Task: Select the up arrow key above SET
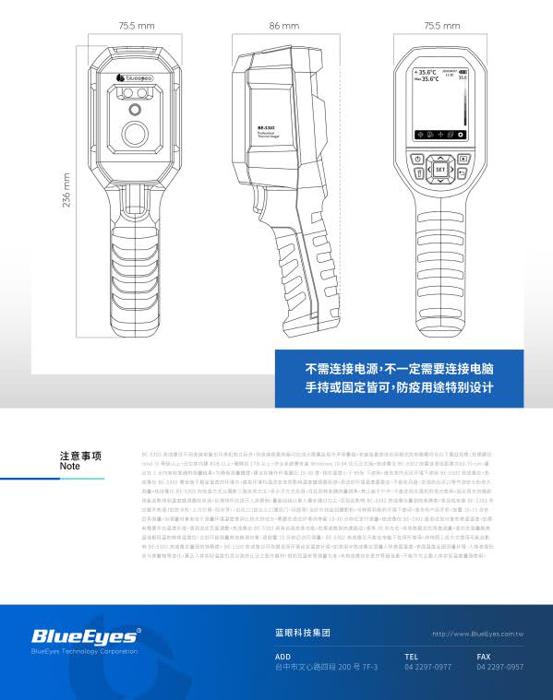tap(439, 157)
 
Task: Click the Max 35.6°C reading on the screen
tap(426, 79)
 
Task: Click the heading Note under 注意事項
tap(70, 467)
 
